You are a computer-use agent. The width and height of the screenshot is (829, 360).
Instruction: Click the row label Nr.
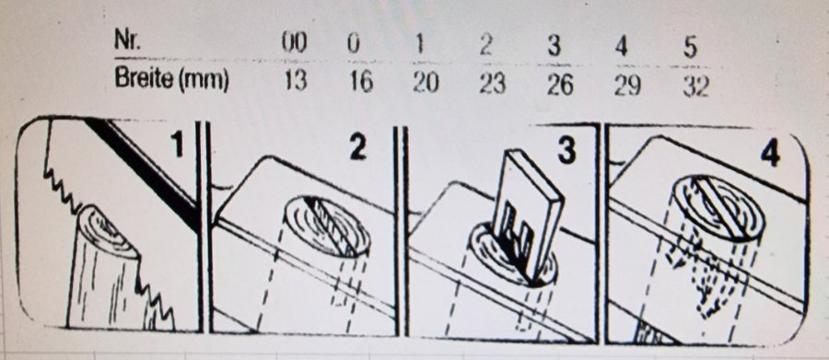tap(127, 41)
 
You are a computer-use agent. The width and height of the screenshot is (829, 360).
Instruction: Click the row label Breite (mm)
tap(171, 80)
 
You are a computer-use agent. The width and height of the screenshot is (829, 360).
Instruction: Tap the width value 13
tap(295, 82)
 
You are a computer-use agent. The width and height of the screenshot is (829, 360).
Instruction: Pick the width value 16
tap(361, 83)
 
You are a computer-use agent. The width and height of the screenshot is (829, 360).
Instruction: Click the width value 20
tap(426, 83)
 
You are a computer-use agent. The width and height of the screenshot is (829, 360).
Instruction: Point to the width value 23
tap(492, 84)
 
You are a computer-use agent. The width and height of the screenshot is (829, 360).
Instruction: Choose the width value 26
tap(560, 85)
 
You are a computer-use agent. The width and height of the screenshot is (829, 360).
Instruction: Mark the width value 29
tap(627, 86)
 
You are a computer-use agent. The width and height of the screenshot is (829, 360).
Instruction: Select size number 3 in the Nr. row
tap(554, 47)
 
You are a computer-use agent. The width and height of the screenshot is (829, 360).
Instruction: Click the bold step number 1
tap(177, 145)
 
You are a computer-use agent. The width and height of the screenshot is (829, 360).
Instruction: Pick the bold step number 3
tap(566, 151)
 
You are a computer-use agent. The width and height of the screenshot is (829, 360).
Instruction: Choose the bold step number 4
tap(770, 155)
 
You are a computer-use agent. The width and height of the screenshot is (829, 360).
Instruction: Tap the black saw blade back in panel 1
tap(143, 169)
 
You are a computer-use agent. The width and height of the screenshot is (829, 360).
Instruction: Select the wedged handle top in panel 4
tap(718, 205)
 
